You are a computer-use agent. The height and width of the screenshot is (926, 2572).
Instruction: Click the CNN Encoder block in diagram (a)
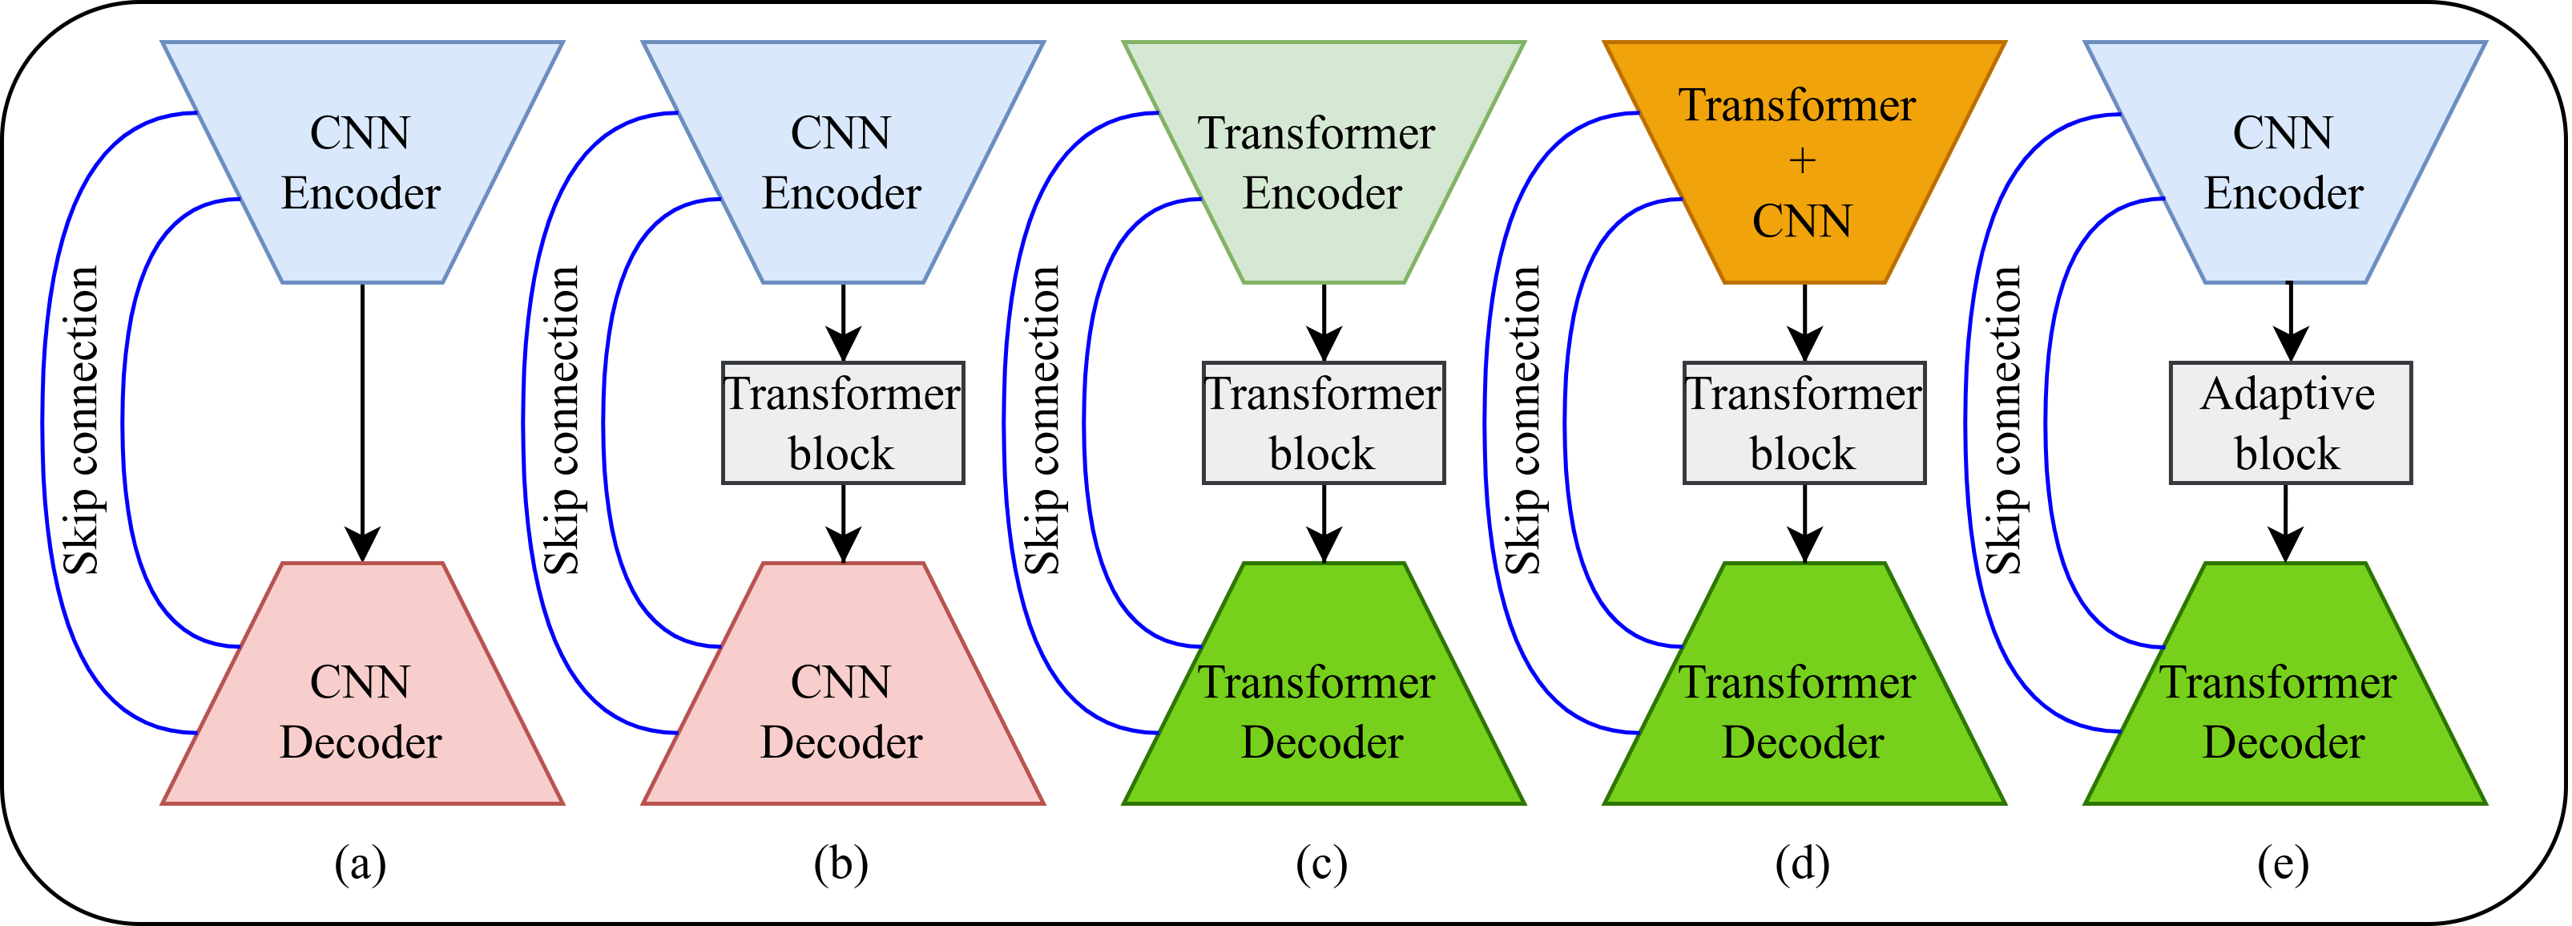tap(362, 162)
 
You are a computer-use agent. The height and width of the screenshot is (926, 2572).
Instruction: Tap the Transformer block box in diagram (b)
tap(843, 423)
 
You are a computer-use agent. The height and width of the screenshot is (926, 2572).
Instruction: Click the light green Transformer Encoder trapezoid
tap(1324, 162)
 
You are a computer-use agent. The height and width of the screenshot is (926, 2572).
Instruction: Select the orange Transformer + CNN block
tap(1804, 162)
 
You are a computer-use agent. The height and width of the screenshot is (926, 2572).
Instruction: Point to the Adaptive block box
tap(2291, 423)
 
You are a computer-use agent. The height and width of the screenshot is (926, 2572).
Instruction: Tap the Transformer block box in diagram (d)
tap(1804, 423)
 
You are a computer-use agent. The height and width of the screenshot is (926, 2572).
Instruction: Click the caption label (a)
tap(361, 864)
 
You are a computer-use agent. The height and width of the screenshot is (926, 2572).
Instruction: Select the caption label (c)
tap(1322, 864)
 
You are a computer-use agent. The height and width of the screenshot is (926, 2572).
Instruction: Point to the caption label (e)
tap(2284, 864)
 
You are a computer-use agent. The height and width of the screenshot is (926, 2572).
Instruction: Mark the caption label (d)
tap(1802, 864)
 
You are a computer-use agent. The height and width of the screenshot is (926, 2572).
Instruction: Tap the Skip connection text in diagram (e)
tap(2004, 421)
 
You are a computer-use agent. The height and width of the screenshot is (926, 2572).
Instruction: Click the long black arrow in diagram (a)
tap(362, 423)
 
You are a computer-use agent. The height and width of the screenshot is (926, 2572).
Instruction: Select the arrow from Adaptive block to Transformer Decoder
tap(2287, 524)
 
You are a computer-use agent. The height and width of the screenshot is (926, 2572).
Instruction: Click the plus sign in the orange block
tap(1802, 161)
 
